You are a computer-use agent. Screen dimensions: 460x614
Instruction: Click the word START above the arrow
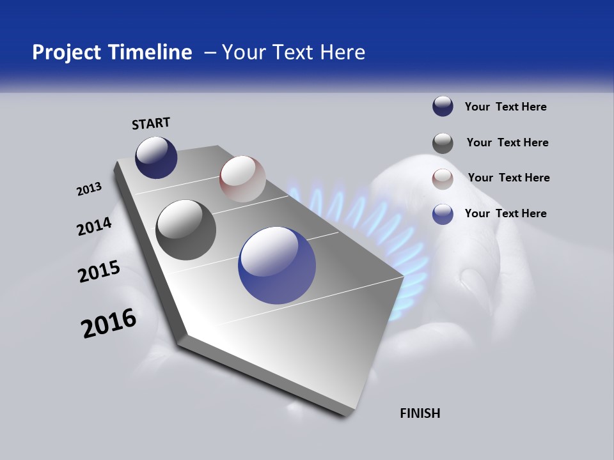[151, 123]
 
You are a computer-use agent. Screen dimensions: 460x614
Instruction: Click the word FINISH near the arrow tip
[420, 413]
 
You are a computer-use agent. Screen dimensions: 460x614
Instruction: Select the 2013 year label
[89, 189]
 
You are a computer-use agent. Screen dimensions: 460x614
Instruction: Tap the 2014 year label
[94, 226]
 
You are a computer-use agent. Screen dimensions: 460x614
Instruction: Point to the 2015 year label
[98, 272]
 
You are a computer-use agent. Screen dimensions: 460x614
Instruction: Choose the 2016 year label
[108, 323]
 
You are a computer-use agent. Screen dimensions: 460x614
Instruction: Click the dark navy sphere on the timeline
[156, 157]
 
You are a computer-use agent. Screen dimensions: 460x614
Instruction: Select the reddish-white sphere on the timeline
[242, 179]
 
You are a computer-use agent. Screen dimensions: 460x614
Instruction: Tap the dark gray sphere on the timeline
[185, 229]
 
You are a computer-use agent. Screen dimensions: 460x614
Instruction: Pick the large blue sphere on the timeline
[277, 265]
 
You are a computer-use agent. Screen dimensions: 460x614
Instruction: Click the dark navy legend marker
[443, 107]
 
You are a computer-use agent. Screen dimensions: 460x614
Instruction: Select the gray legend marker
[443, 143]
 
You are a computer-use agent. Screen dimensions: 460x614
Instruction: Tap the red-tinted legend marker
[443, 179]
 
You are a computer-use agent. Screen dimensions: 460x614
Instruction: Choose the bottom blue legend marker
[443, 214]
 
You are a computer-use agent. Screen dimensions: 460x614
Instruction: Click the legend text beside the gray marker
[507, 142]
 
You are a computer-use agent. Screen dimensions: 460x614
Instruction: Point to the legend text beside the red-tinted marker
[508, 178]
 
